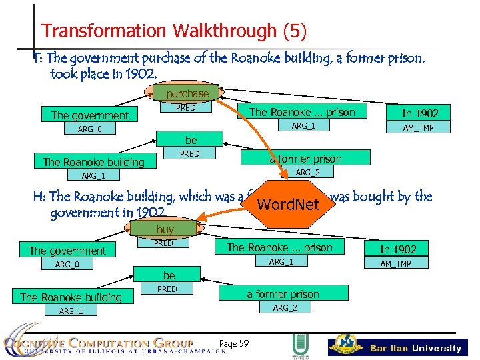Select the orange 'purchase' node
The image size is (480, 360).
click(187, 94)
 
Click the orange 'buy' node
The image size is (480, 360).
click(165, 229)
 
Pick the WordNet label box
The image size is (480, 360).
click(289, 204)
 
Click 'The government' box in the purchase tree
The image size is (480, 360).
click(90, 115)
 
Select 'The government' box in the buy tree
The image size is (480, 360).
click(67, 251)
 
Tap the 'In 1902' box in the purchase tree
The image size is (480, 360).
click(419, 113)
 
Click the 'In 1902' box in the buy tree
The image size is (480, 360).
click(416, 249)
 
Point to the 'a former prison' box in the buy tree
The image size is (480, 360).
click(283, 294)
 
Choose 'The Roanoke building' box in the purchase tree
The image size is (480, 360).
click(93, 162)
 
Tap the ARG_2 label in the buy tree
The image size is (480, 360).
click(285, 307)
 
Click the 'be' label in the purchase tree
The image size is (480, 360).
click(191, 141)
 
